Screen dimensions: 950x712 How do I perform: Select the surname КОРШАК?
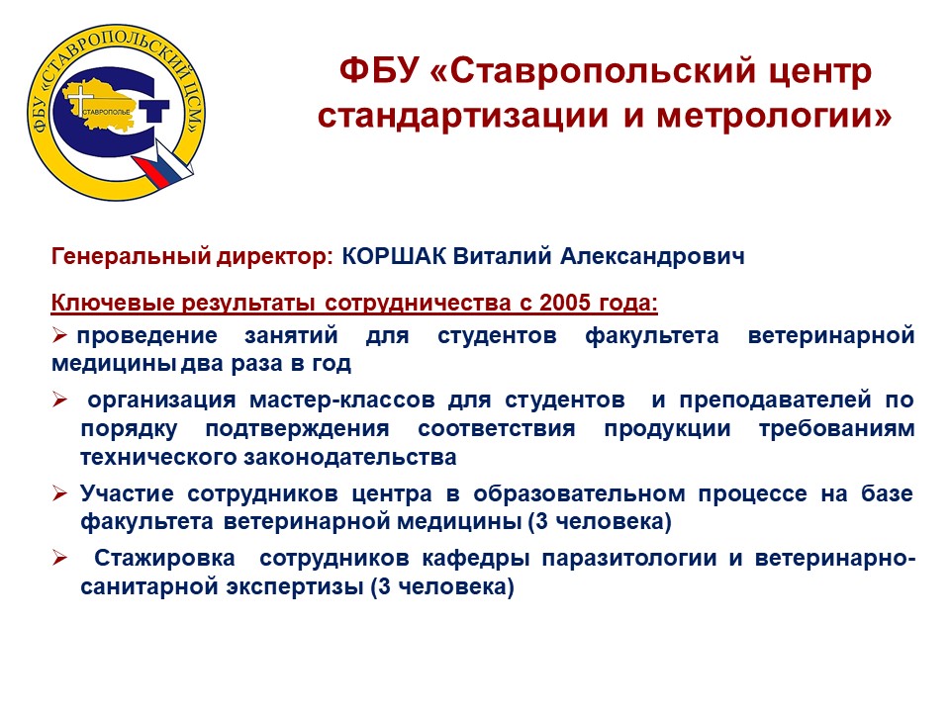click(394, 257)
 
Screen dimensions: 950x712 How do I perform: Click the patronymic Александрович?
click(652, 257)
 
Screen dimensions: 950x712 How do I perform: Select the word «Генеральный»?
click(131, 257)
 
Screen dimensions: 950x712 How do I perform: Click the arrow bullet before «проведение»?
click(59, 335)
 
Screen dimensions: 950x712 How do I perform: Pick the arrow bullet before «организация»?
click(59, 400)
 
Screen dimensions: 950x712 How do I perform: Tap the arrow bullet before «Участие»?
click(59, 493)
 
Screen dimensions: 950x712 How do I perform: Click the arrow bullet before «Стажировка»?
click(59, 558)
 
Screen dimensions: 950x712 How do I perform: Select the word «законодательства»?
click(350, 457)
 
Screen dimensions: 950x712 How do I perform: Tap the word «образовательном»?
click(579, 493)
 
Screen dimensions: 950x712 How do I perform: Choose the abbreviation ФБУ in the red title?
click(379, 70)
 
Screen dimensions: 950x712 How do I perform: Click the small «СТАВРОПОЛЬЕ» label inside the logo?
click(106, 113)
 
